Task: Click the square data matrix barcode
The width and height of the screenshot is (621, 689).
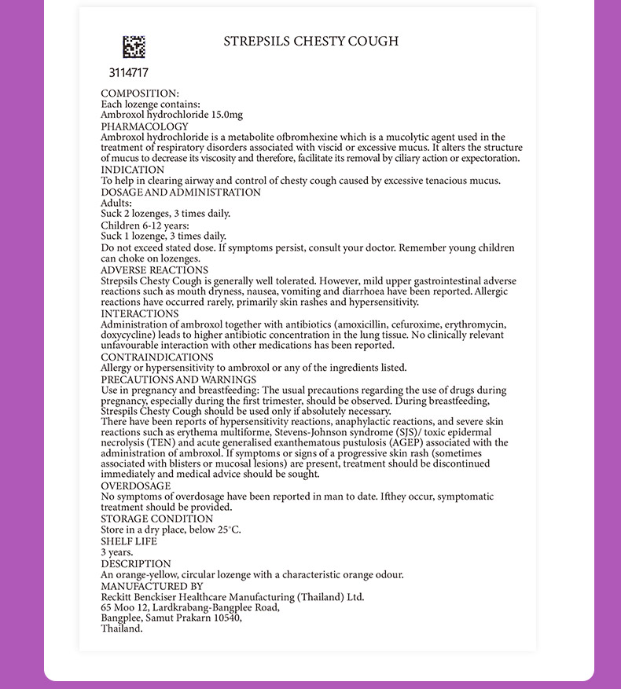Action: pos(134,47)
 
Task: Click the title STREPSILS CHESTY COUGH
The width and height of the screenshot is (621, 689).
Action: pos(310,41)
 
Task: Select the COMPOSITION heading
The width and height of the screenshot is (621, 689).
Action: pos(140,93)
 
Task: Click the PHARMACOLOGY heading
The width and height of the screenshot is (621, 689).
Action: pos(145,126)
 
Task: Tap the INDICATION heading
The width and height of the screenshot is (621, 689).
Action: pos(132,170)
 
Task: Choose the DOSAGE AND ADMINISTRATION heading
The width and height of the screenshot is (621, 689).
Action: pos(181,192)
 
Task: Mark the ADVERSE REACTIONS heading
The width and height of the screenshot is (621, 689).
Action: pos(154,270)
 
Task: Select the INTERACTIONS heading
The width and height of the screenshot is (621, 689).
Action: pos(140,313)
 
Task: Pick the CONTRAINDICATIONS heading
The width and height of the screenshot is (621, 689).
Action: pos(157,357)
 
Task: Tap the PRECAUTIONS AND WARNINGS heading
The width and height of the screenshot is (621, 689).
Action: pos(178,379)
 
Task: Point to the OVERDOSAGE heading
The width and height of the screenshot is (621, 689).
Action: pos(135,486)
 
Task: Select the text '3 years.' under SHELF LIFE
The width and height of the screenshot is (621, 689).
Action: pos(117,552)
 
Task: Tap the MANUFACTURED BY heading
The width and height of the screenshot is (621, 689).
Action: pos(152,586)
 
